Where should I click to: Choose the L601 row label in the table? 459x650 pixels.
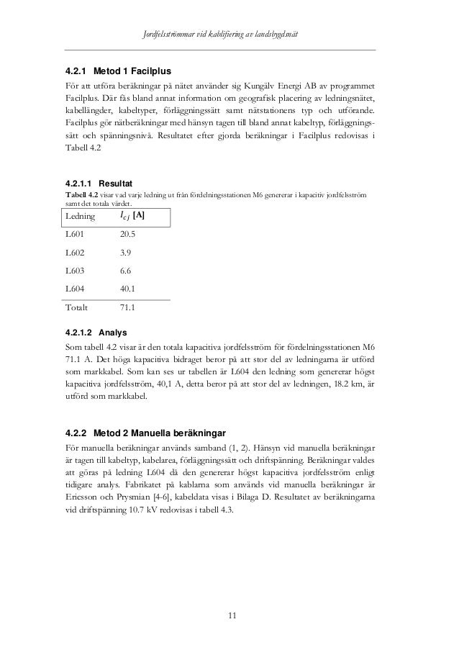pos(76,235)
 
